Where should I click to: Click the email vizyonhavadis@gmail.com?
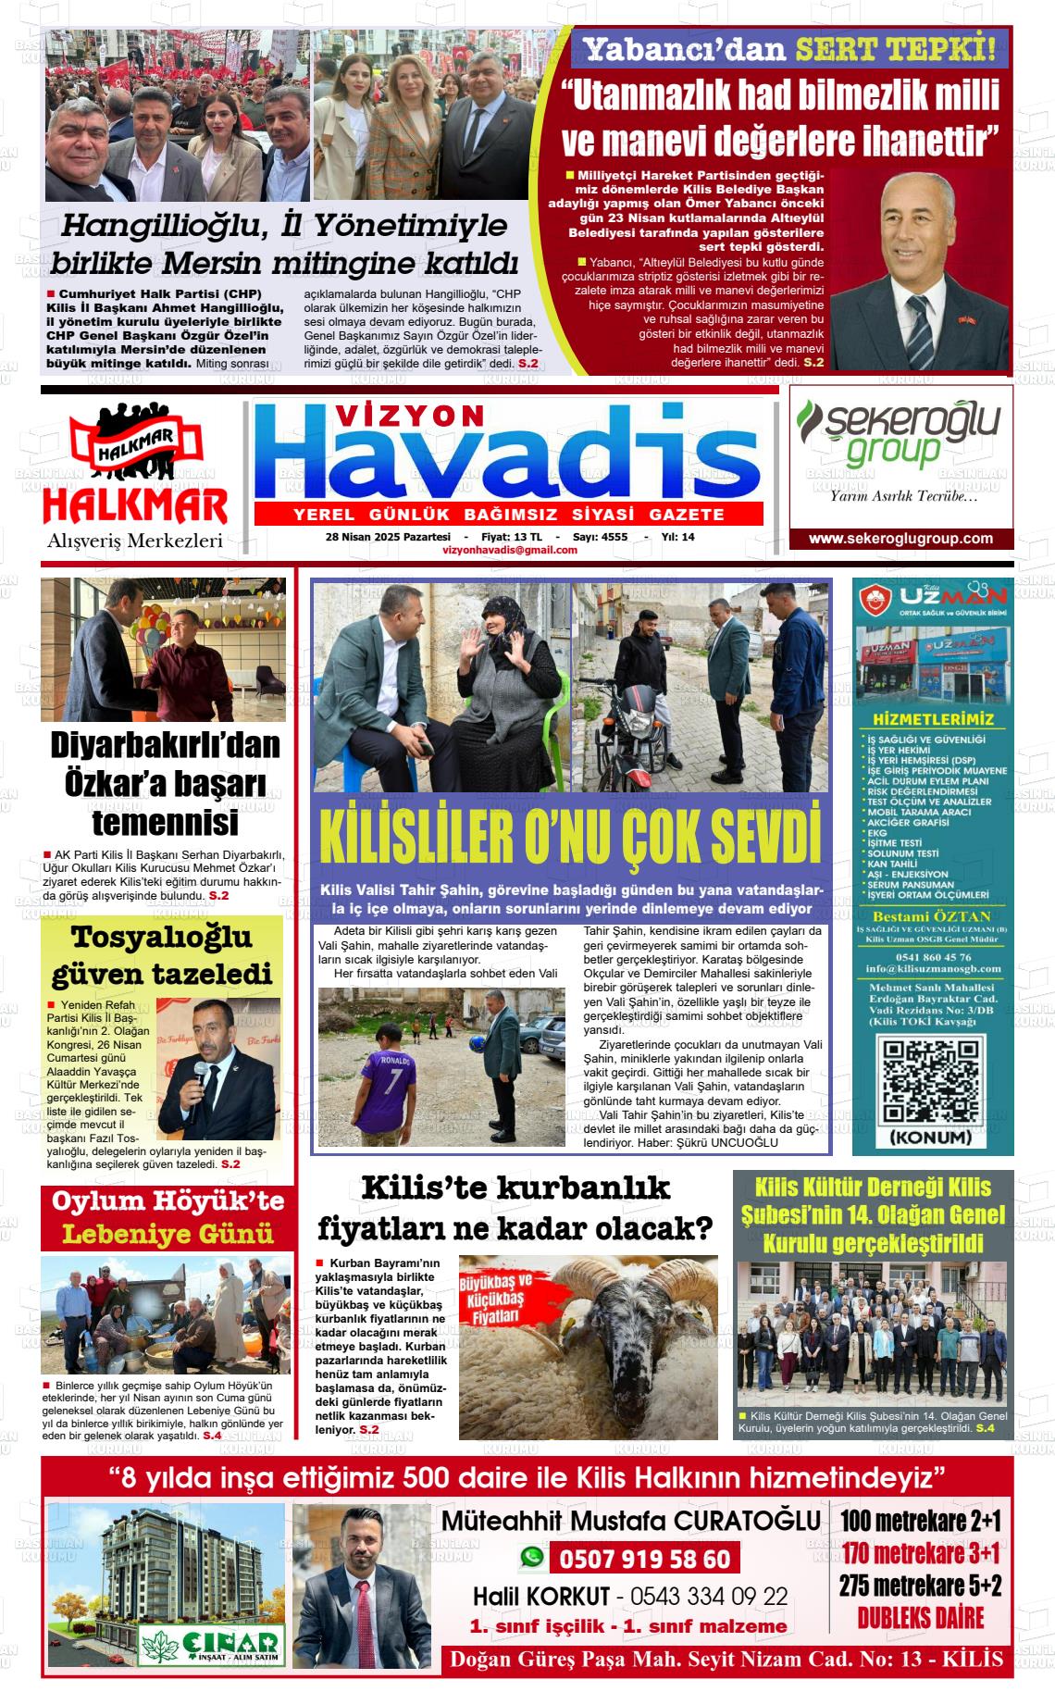(x=510, y=550)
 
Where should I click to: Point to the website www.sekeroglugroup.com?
(x=900, y=539)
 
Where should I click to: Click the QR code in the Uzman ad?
(x=930, y=1081)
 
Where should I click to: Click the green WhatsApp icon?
(x=531, y=1558)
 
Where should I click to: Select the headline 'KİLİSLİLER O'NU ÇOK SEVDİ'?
(x=570, y=836)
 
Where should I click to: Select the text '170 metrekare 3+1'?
(x=921, y=1552)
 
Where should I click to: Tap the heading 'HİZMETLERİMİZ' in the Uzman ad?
(x=933, y=719)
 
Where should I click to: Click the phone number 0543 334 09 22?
(x=709, y=1596)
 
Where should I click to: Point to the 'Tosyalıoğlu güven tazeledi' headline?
(x=162, y=954)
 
